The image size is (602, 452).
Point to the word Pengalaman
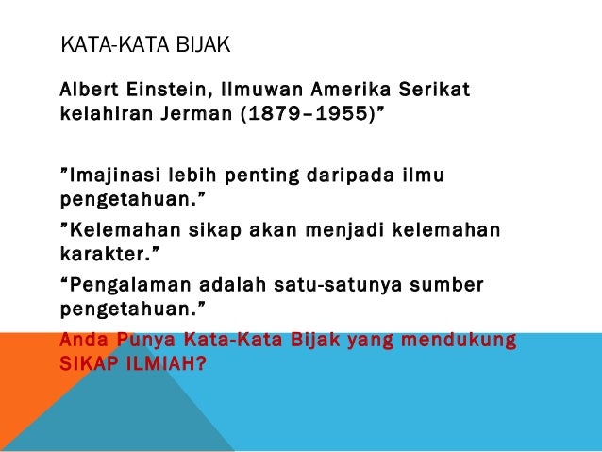[x=117, y=284]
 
